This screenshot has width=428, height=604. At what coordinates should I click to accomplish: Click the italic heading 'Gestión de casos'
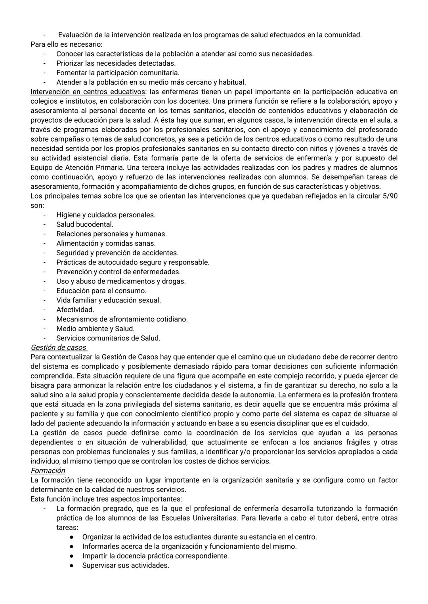click(58, 348)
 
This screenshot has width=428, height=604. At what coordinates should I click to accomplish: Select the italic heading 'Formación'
click(48, 471)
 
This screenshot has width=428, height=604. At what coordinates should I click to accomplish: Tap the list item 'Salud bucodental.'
click(85, 224)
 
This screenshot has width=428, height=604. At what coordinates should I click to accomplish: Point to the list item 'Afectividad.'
click(75, 310)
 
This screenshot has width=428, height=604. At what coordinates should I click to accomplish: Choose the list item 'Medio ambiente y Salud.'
click(96, 329)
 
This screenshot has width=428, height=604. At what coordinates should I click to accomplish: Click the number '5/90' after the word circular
click(389, 196)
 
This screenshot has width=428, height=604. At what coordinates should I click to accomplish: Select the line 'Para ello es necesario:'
click(66, 44)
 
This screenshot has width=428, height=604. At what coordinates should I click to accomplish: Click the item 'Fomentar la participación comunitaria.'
click(118, 73)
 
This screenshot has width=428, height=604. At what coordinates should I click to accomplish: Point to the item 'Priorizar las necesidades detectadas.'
click(116, 63)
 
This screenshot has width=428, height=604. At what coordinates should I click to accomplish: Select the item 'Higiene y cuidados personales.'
click(106, 215)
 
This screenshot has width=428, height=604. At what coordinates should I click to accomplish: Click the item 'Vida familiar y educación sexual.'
click(109, 300)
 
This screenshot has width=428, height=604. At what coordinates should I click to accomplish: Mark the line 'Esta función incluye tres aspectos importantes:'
click(106, 499)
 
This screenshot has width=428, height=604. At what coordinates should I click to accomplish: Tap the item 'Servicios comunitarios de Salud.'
click(108, 338)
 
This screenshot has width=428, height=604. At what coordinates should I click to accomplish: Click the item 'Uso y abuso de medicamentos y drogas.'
click(121, 281)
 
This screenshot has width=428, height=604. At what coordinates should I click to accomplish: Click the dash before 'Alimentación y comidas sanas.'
click(45, 243)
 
